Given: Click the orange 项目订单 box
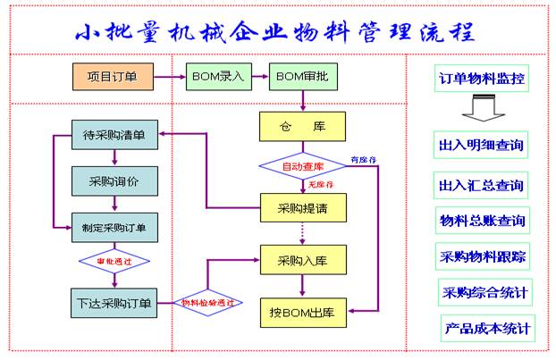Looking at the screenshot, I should [114, 78].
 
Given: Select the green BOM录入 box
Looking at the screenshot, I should [215, 78].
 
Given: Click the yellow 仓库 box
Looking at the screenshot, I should [301, 127].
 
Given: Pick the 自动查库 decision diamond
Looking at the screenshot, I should [302, 167].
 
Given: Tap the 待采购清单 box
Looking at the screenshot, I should [115, 137].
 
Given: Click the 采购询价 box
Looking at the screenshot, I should [115, 181].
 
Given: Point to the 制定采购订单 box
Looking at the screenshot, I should [115, 227].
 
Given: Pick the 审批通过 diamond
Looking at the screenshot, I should [114, 263].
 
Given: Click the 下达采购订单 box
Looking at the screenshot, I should [115, 302].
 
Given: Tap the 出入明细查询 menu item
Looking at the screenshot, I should [481, 143].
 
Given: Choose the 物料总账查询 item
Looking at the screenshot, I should [481, 220].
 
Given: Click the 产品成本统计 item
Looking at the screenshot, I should [488, 327].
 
